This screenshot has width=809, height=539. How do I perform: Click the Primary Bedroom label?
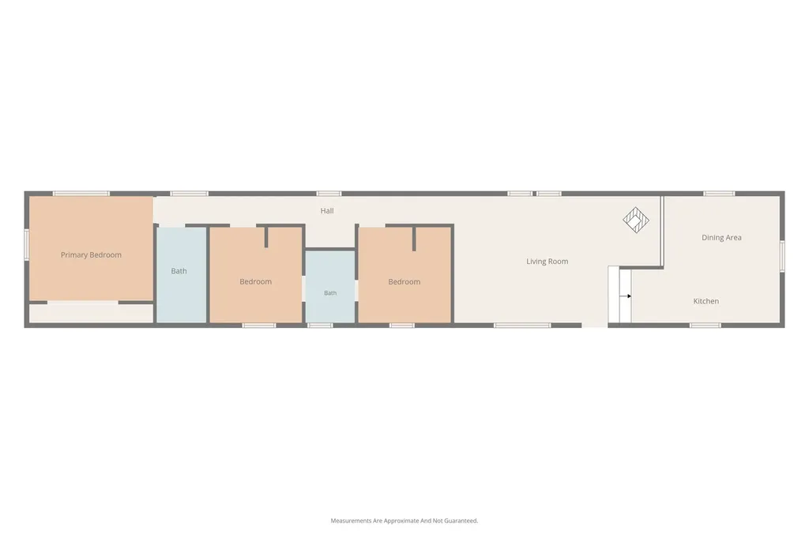[92, 254]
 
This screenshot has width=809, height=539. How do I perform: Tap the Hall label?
[327, 211]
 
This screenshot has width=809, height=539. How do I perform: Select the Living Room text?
[547, 262]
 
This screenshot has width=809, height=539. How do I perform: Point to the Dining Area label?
[721, 237]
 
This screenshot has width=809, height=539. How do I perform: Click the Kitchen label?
[706, 301]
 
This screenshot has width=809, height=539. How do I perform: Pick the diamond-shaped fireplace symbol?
[636, 220]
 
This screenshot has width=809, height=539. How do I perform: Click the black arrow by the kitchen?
[626, 296]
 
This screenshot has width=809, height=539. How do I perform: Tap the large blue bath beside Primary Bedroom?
[181, 275]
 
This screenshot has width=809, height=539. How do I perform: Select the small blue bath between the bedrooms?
[330, 287]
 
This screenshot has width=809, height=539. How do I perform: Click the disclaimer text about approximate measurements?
[404, 520]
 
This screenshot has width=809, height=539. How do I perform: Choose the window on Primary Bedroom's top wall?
[81, 194]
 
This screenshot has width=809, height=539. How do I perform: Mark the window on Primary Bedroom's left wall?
[26, 245]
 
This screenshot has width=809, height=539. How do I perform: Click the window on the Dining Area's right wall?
[782, 256]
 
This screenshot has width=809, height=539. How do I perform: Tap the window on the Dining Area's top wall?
[719, 194]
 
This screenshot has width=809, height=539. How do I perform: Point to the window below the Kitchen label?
[706, 326]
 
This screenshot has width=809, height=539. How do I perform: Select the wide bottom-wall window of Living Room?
[522, 326]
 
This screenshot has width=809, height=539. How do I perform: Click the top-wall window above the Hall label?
[329, 194]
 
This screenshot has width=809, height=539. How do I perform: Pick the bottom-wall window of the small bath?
[320, 326]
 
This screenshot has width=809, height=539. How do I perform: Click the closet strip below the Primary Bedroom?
[91, 313]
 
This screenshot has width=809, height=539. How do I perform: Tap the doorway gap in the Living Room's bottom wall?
[595, 326]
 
